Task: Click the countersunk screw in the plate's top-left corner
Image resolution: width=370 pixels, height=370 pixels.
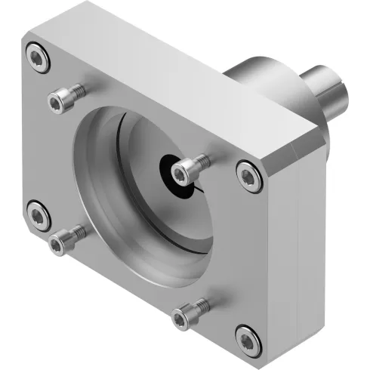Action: [38, 57]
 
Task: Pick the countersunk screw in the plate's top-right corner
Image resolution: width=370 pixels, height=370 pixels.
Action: [247, 175]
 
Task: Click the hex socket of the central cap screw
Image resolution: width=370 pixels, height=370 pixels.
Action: [179, 174]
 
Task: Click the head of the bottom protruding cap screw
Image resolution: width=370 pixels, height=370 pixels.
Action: [181, 317]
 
